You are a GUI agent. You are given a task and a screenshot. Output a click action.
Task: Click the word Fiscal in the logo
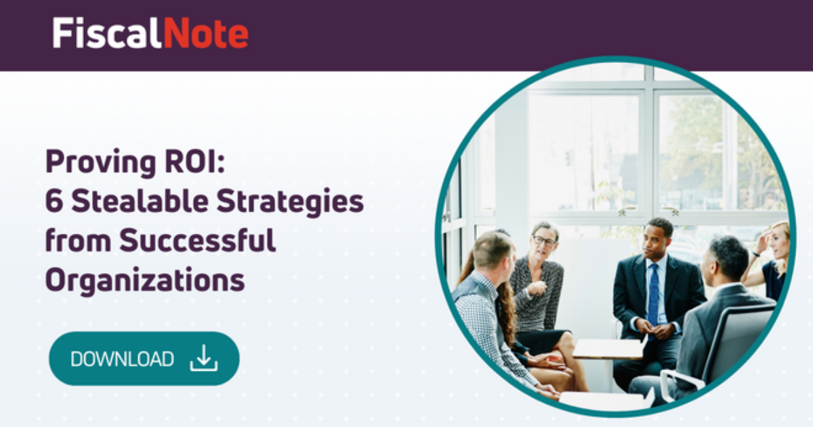[x=107, y=33]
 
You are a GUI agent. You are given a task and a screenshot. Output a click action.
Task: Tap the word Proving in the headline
[x=93, y=163]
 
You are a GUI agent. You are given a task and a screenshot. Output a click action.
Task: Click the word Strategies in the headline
[x=289, y=202]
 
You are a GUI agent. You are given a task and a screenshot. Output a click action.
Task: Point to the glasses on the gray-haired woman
[x=543, y=240]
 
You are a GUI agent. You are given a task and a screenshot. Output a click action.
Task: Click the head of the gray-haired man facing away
[x=729, y=258]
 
